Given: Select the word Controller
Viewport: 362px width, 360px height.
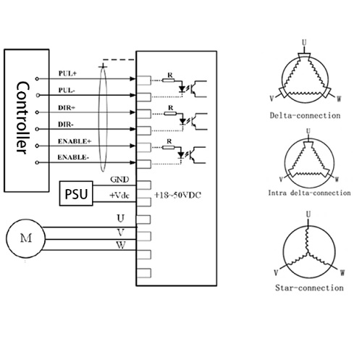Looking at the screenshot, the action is [23, 118].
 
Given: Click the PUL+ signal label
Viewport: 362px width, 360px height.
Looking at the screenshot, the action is [67, 73].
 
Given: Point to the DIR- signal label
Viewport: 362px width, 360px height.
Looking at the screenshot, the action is [65, 125].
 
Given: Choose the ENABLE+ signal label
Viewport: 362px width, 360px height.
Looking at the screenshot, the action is [75, 141].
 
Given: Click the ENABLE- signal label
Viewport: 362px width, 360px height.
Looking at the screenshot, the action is [73, 157].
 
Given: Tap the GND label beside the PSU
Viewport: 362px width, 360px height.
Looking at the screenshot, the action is [119, 180].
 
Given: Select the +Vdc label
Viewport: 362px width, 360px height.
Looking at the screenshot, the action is [119, 196].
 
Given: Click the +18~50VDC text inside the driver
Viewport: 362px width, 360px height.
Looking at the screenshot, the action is [177, 195].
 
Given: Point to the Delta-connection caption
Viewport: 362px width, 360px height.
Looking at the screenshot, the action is [305, 116].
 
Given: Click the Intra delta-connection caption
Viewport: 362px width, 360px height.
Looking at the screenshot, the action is [309, 193].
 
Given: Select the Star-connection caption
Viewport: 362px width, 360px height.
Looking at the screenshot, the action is [309, 288].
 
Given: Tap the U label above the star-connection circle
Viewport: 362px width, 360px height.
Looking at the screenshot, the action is [308, 214].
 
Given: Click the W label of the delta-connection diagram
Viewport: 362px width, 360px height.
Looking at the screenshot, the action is [339, 99].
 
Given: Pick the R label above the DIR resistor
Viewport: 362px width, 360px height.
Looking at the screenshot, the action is [171, 108].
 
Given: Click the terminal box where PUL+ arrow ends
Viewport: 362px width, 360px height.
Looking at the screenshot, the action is [144, 80].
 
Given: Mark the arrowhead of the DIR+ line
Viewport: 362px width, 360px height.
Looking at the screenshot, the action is [132, 112].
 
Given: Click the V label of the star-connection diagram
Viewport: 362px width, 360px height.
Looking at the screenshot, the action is [277, 272].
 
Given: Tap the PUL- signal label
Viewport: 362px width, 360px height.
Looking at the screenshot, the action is [67, 91].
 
